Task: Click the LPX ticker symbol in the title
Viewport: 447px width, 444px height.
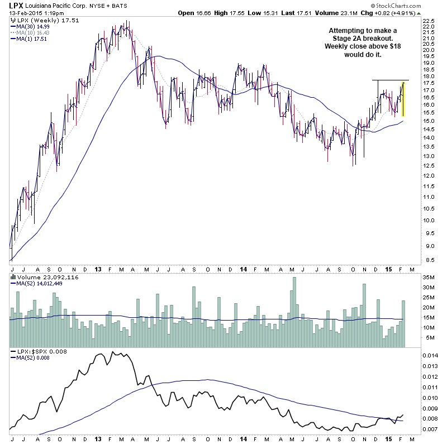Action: click(x=16, y=6)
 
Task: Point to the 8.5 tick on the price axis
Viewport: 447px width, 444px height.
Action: click(x=429, y=260)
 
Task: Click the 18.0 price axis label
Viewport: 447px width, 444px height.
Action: click(x=429, y=76)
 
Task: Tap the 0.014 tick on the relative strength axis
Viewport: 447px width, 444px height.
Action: click(x=431, y=355)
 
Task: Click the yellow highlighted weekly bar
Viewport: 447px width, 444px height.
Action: click(x=403, y=99)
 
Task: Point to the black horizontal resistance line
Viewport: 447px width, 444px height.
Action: click(x=391, y=80)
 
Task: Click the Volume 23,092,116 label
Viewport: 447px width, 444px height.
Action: click(x=40, y=277)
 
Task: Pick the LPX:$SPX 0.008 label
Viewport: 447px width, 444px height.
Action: click(x=35, y=352)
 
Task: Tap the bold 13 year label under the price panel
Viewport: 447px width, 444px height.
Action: click(x=98, y=268)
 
